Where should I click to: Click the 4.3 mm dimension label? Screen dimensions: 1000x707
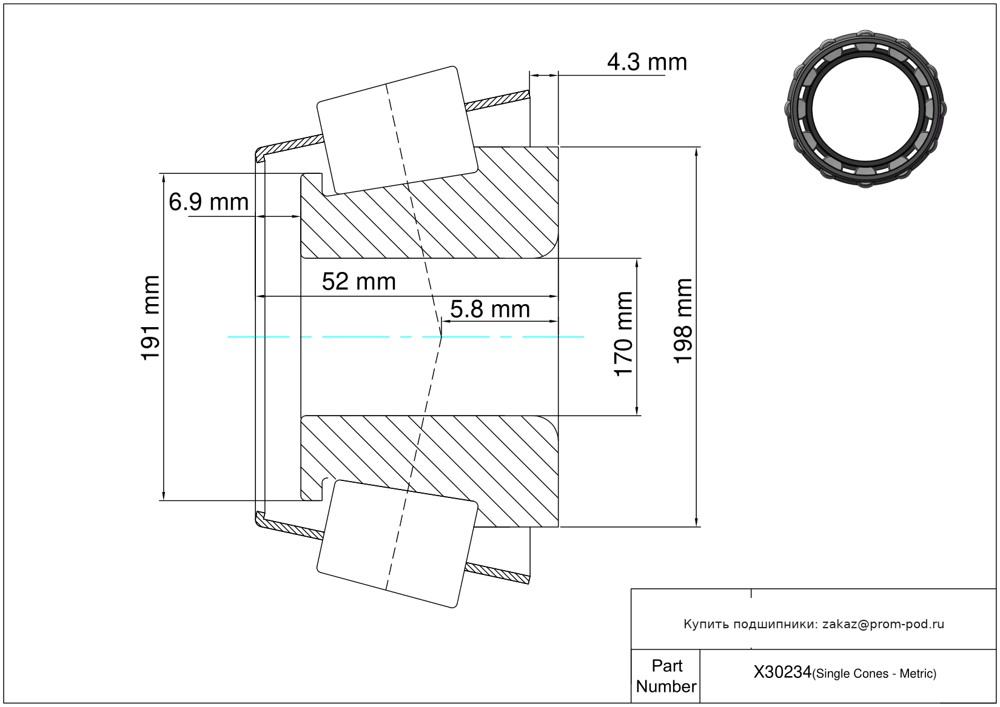[x=647, y=62]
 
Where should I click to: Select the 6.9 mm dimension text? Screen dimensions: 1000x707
[x=209, y=202]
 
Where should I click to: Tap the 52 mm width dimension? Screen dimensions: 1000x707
[x=359, y=282]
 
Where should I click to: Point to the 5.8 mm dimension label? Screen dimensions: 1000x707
[x=490, y=309]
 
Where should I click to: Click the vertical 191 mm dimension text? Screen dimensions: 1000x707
[x=150, y=318]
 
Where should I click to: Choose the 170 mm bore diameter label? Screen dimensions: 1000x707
[x=623, y=334]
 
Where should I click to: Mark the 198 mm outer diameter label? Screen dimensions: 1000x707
[x=683, y=321]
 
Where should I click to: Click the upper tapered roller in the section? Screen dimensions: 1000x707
[x=397, y=131]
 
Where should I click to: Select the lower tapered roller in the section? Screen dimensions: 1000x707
[x=397, y=544]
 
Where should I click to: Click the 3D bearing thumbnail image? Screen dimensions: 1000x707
[x=865, y=109]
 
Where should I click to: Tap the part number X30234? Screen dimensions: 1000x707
[x=782, y=672]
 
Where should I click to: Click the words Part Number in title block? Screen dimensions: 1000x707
[x=666, y=676]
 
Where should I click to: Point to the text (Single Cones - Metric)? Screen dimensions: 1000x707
[x=874, y=674]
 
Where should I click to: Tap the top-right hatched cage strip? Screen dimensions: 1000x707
[x=497, y=101]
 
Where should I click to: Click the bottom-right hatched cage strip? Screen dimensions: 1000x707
[x=497, y=574]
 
